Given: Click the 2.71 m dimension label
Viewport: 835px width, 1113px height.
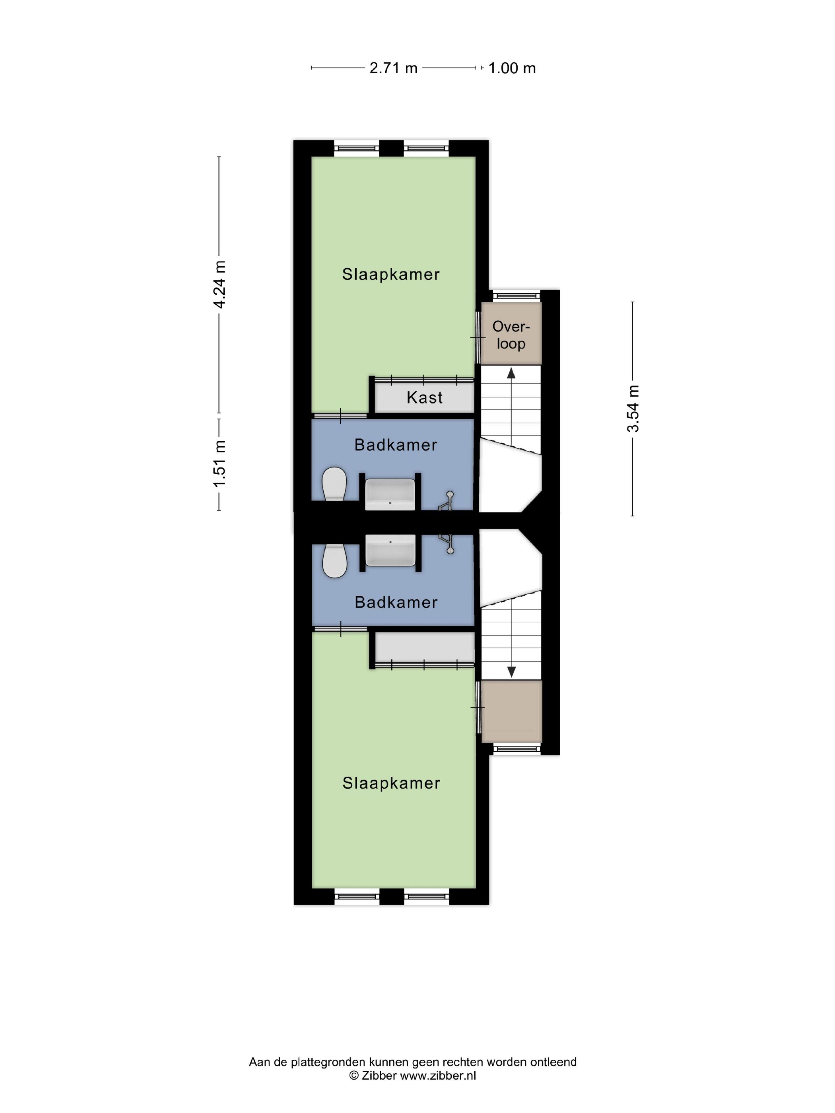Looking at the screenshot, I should click(x=393, y=68).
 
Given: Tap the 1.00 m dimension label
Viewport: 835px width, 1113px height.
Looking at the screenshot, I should click(x=512, y=68).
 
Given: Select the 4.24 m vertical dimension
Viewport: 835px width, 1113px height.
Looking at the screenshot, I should click(x=219, y=284).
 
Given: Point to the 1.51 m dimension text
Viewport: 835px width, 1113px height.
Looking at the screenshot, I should click(x=219, y=463).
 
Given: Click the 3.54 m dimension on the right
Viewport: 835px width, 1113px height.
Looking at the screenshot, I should click(x=633, y=409).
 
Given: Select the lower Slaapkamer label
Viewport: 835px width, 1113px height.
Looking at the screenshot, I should click(x=391, y=783).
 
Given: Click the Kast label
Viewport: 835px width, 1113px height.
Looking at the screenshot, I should click(x=424, y=398).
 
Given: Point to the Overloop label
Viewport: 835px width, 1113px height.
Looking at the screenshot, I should click(x=511, y=335).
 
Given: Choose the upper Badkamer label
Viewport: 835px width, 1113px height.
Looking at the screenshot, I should click(x=396, y=445).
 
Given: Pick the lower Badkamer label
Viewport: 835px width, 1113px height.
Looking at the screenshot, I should click(x=396, y=602).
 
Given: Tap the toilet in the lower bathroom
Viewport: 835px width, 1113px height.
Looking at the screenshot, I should click(x=334, y=561).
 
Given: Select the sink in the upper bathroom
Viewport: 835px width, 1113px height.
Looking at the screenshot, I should click(x=390, y=494).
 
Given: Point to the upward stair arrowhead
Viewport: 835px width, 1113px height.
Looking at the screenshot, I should click(x=511, y=373).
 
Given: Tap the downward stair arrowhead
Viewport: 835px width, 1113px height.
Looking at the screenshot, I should click(x=511, y=672).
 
